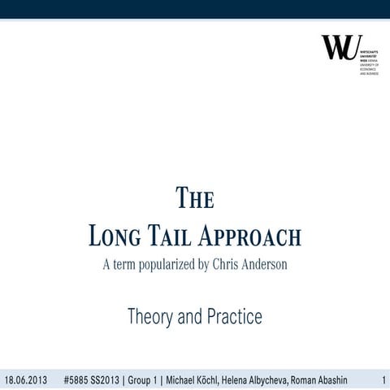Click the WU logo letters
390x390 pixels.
[340, 48]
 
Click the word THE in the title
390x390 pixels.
[195, 199]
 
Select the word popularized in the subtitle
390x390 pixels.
[162, 265]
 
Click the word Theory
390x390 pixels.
[154, 317]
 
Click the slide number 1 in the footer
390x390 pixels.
[383, 380]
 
